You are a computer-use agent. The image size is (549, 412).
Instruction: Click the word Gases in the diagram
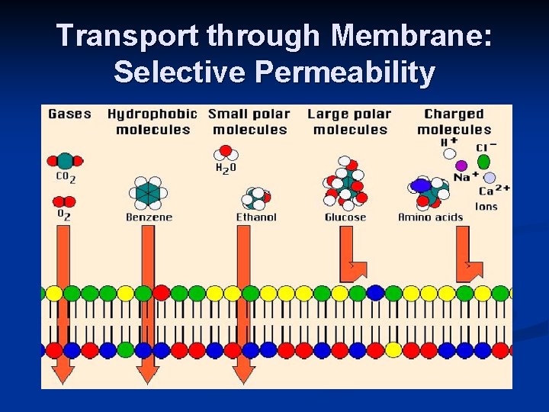69,114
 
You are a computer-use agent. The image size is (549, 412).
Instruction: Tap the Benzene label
149,217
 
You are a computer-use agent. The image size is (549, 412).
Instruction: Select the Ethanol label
256,217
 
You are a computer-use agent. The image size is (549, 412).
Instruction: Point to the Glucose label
345,217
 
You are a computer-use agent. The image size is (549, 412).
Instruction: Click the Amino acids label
430,217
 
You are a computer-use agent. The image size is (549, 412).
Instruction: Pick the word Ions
486,206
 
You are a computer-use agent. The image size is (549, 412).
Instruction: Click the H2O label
225,168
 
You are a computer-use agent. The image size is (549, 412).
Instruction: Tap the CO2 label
67,179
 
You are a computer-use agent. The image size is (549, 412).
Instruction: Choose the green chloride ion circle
483,162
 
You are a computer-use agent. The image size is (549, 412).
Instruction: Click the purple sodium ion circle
461,165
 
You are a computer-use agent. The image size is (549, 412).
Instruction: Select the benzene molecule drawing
148,192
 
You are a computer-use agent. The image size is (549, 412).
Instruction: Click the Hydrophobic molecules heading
152,121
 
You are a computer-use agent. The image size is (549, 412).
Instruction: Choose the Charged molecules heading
454,121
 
